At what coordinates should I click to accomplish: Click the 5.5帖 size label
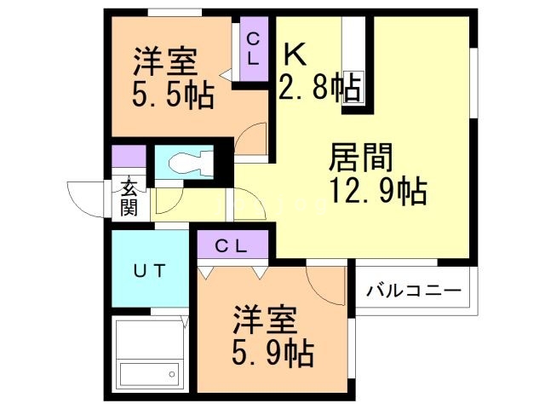tap(172, 93)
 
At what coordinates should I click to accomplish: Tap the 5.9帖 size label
tap(272, 350)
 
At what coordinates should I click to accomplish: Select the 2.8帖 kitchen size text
tap(320, 87)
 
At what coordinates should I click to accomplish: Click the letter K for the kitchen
tap(294, 55)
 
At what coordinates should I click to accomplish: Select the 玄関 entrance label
tap(129, 198)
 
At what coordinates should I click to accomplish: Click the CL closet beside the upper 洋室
tap(254, 49)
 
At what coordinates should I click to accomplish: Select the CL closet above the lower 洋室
tap(231, 246)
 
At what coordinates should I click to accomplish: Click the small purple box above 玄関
tap(129, 158)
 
